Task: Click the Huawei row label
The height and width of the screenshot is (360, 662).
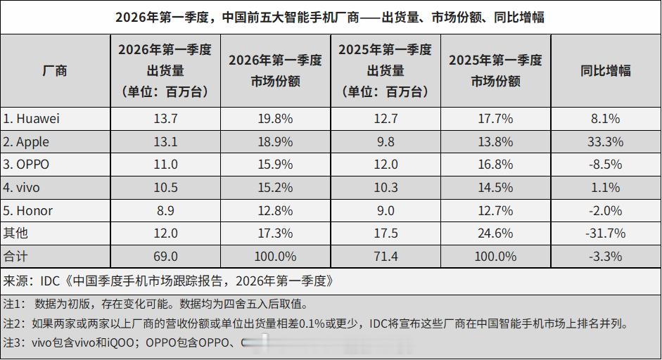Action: pyautogui.click(x=32, y=119)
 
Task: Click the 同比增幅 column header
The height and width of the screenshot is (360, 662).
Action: pyautogui.click(x=606, y=70)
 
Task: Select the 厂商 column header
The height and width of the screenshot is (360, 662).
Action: pyautogui.click(x=56, y=70)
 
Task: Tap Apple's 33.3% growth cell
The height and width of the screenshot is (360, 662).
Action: pyautogui.click(x=606, y=142)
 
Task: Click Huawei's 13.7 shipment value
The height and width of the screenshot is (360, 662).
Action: pyautogui.click(x=165, y=119)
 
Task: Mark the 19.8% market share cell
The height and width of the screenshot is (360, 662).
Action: pyautogui.click(x=275, y=119)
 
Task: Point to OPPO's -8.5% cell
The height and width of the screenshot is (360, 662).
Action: pyautogui.click(x=606, y=165)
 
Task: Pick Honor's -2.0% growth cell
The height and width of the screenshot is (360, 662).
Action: pyautogui.click(x=606, y=211)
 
